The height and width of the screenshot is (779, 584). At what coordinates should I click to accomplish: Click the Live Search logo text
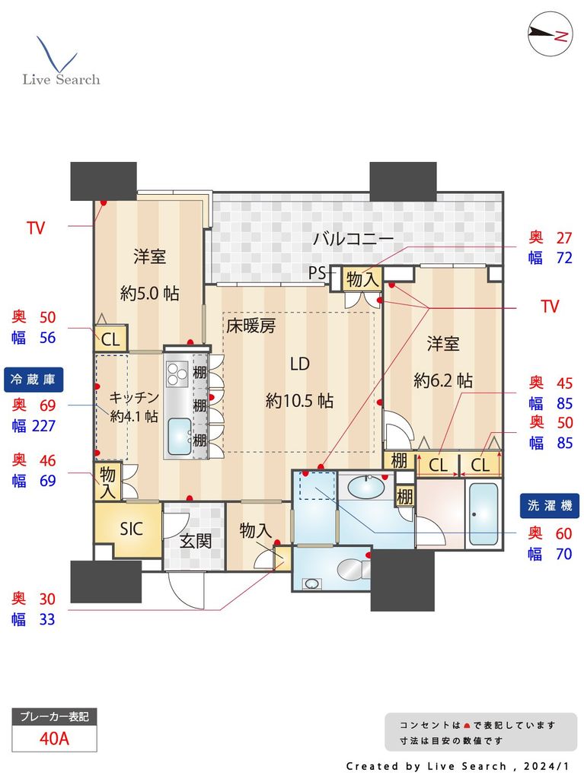pos(61,79)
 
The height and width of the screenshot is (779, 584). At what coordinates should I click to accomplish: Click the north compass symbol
pos(550,33)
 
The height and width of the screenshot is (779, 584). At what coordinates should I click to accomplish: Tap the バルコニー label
pos(353,239)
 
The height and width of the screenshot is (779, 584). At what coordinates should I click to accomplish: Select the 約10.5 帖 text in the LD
pos(299,400)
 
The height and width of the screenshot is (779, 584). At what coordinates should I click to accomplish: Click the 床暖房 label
pos(251,326)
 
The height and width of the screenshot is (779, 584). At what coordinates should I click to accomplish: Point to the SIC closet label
pos(131,529)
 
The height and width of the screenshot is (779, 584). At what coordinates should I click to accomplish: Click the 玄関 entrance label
pos(195,542)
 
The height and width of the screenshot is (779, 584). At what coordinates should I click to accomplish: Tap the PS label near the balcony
pos(318,272)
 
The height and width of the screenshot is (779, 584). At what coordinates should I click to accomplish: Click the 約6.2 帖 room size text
pos(442,380)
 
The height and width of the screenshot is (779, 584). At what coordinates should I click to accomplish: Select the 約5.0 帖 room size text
pos(150,293)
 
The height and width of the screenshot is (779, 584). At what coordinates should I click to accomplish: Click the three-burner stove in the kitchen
pos(177,374)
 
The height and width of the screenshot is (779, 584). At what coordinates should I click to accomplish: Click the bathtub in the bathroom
pos(483,514)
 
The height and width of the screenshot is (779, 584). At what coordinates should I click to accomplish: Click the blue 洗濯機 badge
pos(550,505)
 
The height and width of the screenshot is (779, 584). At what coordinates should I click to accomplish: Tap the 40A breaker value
pos(54,738)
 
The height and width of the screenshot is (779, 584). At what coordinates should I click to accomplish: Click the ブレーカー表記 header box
pos(54,717)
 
